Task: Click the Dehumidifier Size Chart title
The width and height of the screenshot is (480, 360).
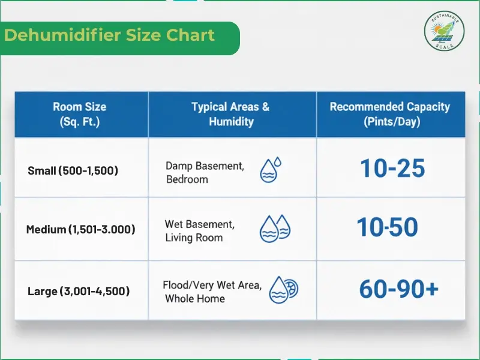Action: (x=109, y=35)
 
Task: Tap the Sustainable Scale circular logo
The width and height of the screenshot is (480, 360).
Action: (x=445, y=32)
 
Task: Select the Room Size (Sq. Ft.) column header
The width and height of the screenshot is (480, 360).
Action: (x=79, y=114)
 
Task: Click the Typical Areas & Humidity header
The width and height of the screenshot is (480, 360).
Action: (x=231, y=114)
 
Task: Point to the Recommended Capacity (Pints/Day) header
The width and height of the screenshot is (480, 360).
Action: (x=389, y=114)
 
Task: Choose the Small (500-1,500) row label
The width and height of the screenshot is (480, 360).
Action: (x=73, y=170)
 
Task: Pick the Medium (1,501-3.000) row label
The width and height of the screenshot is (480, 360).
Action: (x=80, y=229)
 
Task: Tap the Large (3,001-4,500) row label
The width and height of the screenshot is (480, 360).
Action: (x=79, y=292)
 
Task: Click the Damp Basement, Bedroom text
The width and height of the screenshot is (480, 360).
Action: (x=205, y=172)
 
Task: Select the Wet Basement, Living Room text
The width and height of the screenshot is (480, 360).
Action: (x=199, y=231)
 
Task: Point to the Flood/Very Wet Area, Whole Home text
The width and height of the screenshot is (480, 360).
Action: (x=212, y=292)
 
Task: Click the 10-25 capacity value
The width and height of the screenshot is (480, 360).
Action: (x=392, y=169)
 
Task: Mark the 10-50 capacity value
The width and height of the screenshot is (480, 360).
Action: (x=388, y=227)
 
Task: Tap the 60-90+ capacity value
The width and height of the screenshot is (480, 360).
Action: (x=398, y=290)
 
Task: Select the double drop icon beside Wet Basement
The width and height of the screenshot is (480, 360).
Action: (x=274, y=229)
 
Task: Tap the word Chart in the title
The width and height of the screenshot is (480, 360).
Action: (x=191, y=35)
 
